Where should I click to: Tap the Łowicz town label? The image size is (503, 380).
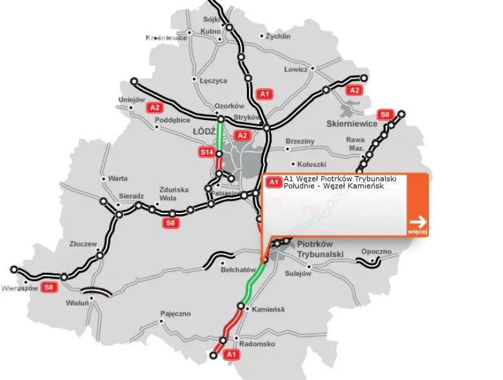pyautogui.click(x=297, y=68)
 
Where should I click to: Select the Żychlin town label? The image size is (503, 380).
pyautogui.click(x=278, y=37)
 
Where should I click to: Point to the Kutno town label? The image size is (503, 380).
pyautogui.click(x=210, y=31)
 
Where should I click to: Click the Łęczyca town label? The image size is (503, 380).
pyautogui.click(x=214, y=81)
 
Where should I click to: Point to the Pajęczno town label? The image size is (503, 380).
pyautogui.click(x=176, y=314)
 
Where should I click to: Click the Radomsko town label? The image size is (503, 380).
pyautogui.click(x=257, y=344)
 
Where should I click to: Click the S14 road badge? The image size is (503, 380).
pyautogui.click(x=206, y=152)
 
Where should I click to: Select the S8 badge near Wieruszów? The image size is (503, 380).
pyautogui.click(x=48, y=288)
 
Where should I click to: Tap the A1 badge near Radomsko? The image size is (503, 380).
pyautogui.click(x=230, y=355)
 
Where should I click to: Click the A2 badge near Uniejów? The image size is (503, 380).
pyautogui.click(x=153, y=107)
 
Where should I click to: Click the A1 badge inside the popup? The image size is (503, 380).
pyautogui.click(x=274, y=182)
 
